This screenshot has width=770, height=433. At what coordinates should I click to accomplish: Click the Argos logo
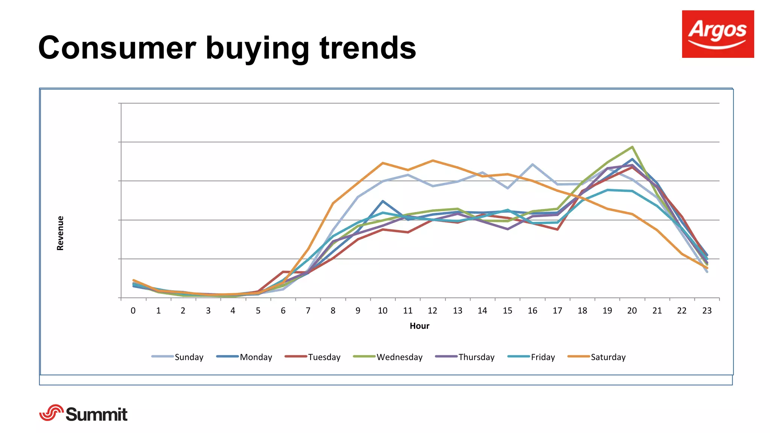(718, 34)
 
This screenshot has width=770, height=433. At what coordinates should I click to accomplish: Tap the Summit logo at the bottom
(83, 413)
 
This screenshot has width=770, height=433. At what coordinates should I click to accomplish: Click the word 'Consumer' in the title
(117, 48)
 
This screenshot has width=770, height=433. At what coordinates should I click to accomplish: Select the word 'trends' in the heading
(368, 48)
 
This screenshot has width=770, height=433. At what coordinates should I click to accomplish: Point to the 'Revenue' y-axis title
(60, 233)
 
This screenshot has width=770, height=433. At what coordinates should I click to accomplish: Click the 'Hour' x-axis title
(419, 326)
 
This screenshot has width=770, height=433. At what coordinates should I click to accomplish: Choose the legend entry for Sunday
(177, 357)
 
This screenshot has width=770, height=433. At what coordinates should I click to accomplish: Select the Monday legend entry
(244, 357)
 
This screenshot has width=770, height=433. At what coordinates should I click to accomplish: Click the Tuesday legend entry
(313, 357)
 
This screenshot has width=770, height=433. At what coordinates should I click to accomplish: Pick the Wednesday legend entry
(388, 357)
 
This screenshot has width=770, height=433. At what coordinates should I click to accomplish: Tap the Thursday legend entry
(465, 357)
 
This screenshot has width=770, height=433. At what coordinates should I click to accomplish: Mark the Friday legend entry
(531, 357)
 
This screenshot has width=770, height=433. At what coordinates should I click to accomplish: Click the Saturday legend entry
(597, 357)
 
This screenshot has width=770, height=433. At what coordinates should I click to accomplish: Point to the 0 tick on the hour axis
(133, 310)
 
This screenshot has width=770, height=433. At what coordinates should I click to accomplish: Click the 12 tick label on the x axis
(432, 310)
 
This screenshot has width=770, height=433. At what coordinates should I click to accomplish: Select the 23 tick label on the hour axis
(707, 310)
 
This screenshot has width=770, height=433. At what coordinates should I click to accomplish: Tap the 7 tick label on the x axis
(308, 310)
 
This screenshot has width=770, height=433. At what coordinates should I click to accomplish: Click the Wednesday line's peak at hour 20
(632, 147)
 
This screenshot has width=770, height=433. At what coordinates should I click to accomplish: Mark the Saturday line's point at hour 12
(433, 160)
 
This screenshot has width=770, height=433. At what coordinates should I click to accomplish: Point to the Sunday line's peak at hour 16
(532, 164)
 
